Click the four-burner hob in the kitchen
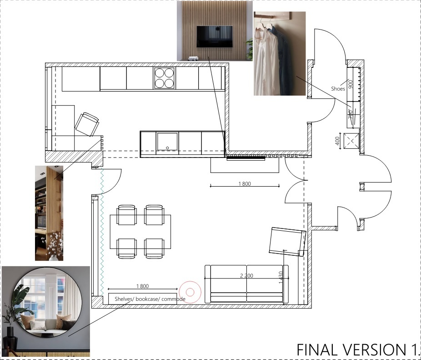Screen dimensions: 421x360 (164, 78)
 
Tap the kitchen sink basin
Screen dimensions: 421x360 (167, 142)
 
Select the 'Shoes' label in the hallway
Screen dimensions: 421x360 (338, 89)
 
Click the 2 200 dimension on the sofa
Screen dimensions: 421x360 (246, 276)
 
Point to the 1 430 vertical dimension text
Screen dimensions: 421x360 (281, 278)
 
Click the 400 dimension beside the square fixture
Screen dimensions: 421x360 (337, 141)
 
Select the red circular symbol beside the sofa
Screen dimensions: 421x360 (190, 292)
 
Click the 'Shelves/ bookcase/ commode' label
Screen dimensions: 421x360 (150, 299)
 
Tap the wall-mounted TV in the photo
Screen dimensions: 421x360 (215, 36)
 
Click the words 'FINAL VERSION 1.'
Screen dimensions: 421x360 (357, 350)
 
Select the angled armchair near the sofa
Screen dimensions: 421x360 (287, 242)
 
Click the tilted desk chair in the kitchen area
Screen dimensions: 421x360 (87, 125)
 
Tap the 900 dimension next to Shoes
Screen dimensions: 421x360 (350, 84)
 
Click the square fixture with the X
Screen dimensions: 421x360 (351, 141)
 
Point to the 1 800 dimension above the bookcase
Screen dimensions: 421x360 (142, 286)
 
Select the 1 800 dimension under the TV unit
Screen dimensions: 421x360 (245, 183)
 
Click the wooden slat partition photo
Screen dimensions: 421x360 (49, 213)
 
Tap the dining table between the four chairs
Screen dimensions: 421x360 (140, 232)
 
